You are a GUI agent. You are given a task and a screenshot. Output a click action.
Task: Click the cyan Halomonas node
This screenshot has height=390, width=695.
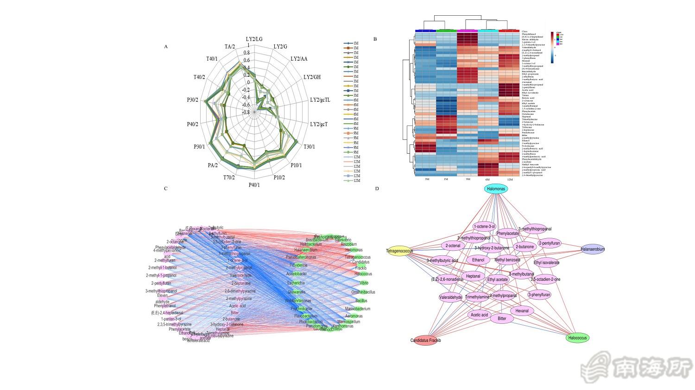(496, 189)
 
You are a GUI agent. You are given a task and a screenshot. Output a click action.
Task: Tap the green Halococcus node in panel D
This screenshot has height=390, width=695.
(577, 338)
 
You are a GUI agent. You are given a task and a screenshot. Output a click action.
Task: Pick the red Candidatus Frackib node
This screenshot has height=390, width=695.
(426, 340)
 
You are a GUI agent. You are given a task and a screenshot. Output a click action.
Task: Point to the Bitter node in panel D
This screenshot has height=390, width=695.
(502, 319)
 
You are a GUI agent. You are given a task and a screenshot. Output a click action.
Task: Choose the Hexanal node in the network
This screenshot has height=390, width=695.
(522, 311)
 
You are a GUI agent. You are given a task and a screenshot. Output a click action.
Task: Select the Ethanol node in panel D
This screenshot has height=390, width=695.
(478, 260)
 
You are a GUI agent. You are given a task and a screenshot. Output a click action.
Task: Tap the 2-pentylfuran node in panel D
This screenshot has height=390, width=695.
(550, 243)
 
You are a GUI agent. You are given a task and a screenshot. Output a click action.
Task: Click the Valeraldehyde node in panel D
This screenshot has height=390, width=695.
(451, 297)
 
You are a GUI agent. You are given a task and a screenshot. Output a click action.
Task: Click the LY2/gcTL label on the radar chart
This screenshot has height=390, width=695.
(320, 100)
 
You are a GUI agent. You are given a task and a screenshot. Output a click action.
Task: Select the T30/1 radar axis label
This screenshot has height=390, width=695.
(309, 147)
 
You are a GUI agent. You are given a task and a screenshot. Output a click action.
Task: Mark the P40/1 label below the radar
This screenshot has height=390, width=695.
(254, 185)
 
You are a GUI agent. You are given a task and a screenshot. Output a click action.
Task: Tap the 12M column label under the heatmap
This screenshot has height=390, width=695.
(510, 179)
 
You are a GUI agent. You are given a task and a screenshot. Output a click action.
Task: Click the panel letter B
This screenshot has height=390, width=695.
(375, 39)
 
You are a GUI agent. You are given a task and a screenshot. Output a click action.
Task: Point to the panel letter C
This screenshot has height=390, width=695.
(166, 188)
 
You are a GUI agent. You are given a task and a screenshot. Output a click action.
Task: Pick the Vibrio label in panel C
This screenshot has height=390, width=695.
(364, 283)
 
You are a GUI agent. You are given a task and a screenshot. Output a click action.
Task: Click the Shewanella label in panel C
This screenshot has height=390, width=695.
(297, 292)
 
